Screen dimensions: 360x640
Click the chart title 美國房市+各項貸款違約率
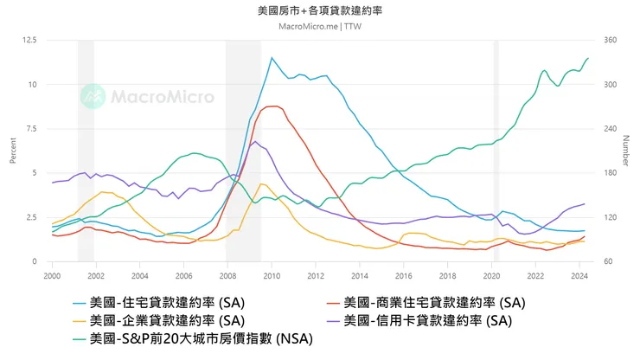(320, 12)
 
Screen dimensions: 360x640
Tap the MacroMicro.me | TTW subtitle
(320, 26)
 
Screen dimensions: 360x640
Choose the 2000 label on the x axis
(52, 275)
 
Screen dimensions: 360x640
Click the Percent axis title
(13, 151)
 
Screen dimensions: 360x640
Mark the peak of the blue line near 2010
(272, 58)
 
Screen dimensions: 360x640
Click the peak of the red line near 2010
(273, 106)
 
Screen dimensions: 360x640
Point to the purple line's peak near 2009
(253, 141)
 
